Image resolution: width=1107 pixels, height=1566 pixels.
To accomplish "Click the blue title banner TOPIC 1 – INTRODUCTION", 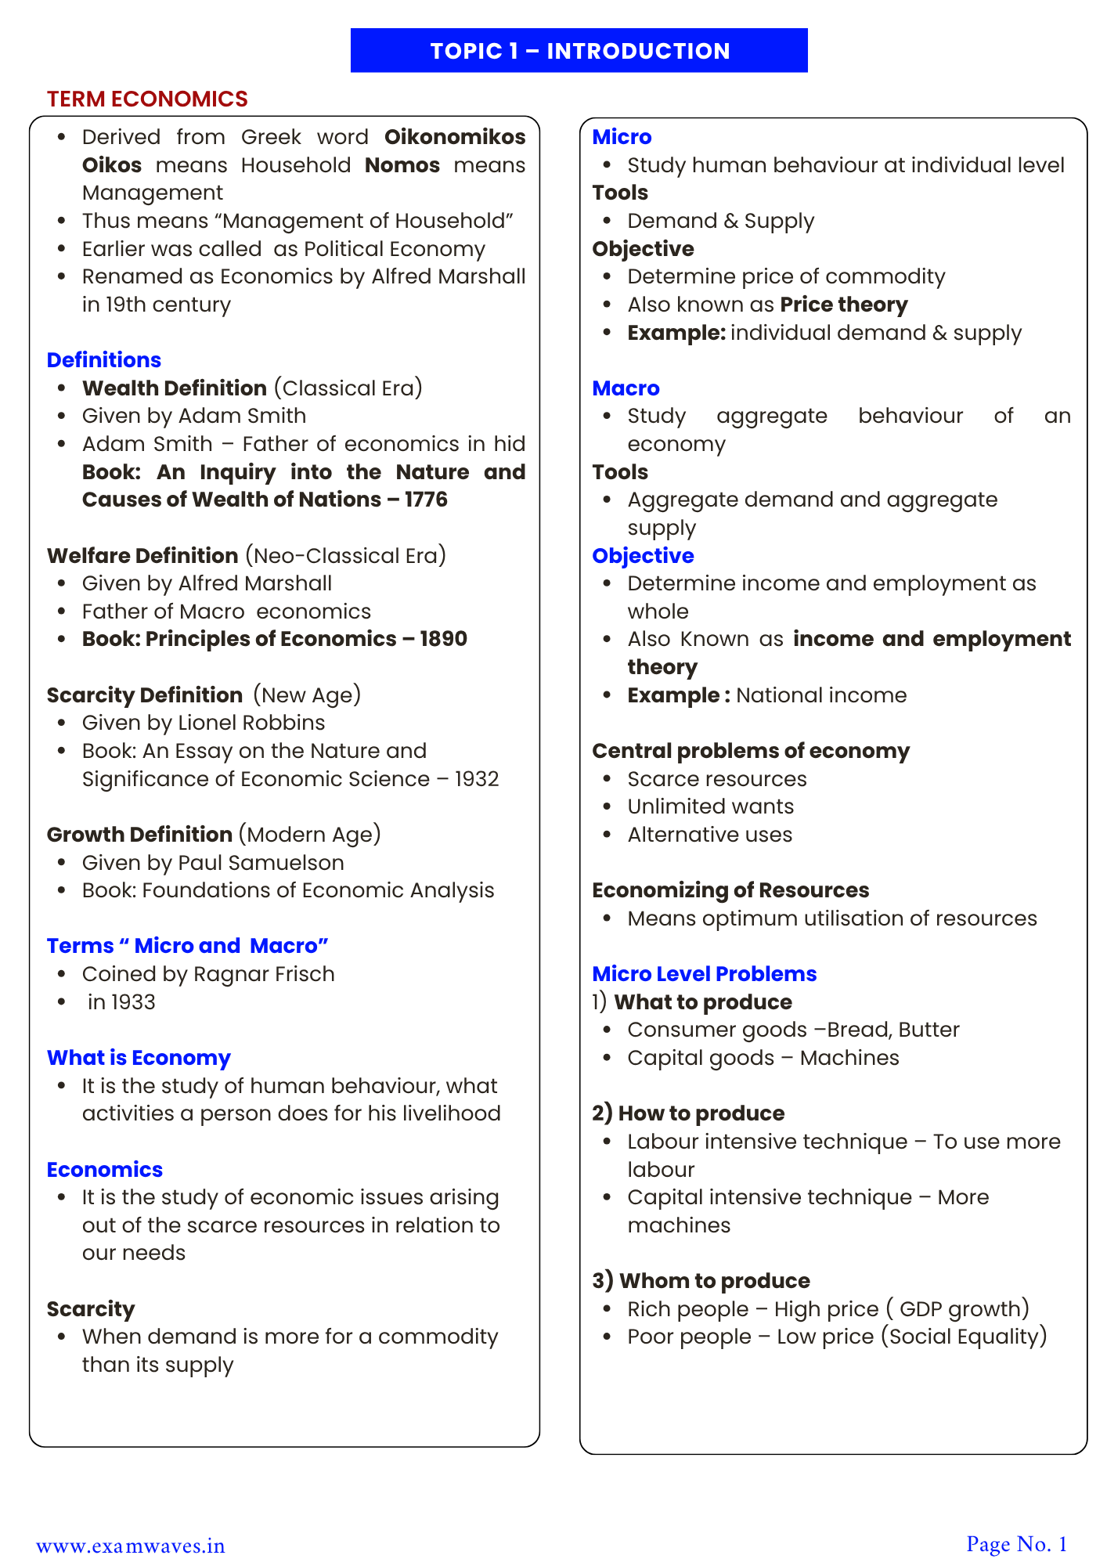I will coord(579,51).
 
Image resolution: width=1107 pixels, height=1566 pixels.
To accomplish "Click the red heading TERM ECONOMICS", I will coord(147,99).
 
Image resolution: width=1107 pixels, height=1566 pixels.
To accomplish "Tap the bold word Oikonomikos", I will coord(455,137).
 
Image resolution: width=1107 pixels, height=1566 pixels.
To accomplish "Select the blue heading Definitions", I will coord(104,360).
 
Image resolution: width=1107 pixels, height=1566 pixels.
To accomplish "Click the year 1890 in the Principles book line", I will coord(443,639).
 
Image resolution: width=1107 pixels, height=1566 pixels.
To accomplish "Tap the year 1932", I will coord(477,779).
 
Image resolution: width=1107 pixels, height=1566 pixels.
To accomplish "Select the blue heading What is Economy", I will coord(139,1058).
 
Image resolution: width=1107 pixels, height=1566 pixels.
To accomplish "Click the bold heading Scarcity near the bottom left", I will coord(91,1309).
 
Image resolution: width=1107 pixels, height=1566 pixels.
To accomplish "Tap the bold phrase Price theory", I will coord(844,305).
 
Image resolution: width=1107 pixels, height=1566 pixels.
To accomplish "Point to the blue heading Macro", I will coord(626,388).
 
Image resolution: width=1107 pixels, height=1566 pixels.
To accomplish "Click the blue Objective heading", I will coord(643,556).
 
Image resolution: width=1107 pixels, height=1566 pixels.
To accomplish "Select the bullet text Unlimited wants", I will coord(710,806).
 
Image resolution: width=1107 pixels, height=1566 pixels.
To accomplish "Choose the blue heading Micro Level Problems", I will coord(704,974).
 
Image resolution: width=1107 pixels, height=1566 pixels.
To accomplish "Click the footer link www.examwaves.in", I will coord(131,1546).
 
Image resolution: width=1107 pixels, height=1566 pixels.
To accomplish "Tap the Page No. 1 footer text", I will coord(1016,1544).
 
